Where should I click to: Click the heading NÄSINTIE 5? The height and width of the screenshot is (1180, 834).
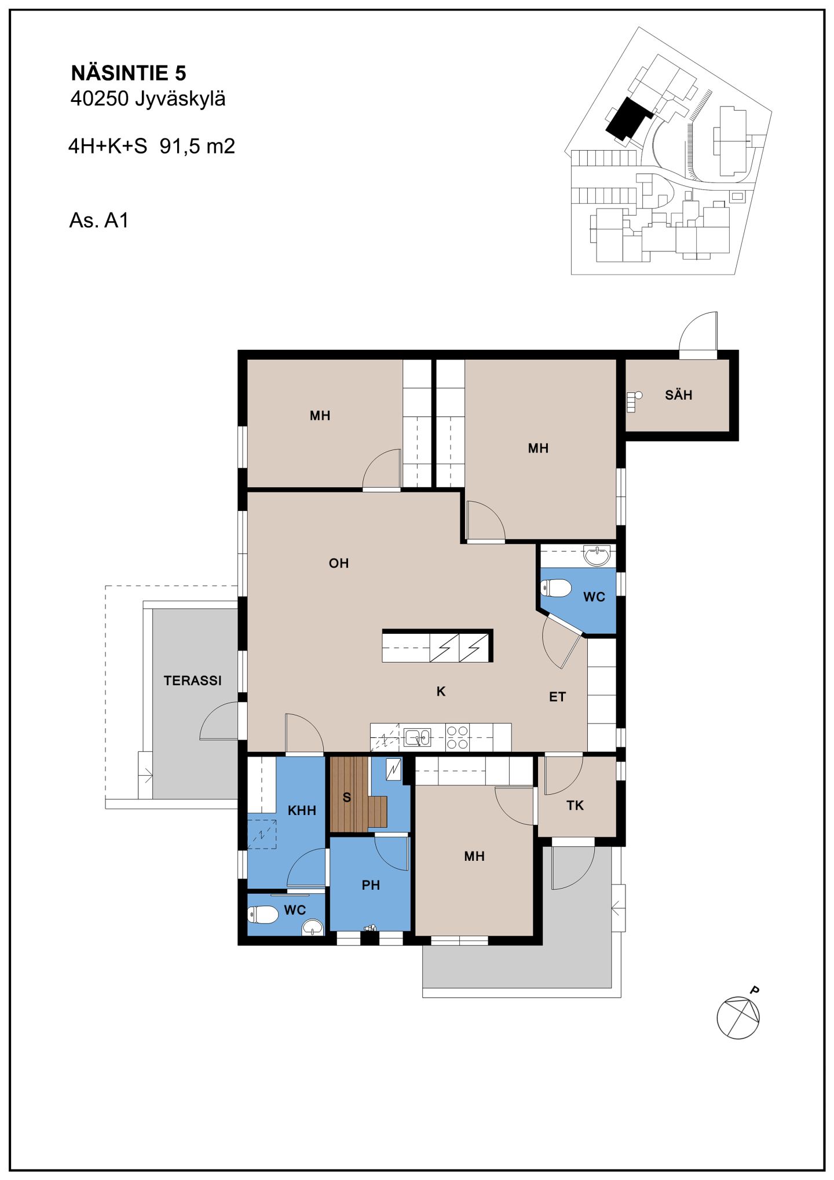click(x=129, y=73)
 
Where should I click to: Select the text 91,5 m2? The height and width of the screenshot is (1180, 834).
click(x=197, y=146)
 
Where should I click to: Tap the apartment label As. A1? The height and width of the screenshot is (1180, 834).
click(x=98, y=220)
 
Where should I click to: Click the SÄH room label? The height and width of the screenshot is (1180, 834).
click(x=678, y=395)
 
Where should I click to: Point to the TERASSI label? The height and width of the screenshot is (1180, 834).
click(x=192, y=681)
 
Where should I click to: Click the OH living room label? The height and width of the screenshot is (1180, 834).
click(x=339, y=563)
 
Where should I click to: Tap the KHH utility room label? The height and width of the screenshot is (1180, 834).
click(x=302, y=810)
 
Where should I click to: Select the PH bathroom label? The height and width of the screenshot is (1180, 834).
click(x=371, y=885)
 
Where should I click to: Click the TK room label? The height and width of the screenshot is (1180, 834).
click(x=575, y=805)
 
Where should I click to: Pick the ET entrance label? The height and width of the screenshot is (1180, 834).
click(x=557, y=697)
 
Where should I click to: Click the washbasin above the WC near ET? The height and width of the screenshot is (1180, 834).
click(x=597, y=556)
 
